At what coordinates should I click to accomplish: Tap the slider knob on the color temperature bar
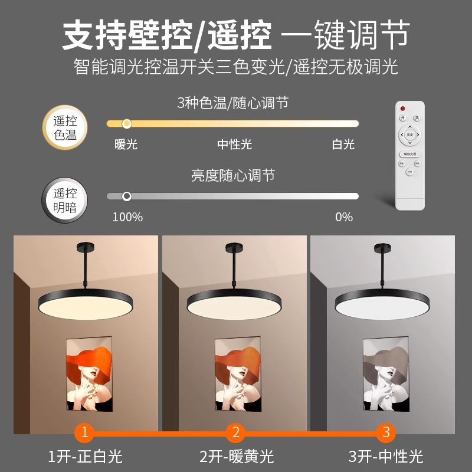[126, 123]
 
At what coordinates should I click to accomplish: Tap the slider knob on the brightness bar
[126, 196]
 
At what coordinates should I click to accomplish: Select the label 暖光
[126, 144]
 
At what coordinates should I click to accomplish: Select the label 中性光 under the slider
[234, 144]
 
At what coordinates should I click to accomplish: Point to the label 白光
[343, 144]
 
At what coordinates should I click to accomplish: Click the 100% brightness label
[127, 217]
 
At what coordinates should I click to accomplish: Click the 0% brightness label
[344, 217]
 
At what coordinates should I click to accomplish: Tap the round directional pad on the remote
[410, 135]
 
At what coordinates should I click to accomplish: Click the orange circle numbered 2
[235, 432]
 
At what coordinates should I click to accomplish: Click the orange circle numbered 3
[386, 432]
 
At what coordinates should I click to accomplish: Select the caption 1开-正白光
[85, 456]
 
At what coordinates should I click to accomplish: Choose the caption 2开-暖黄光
[235, 456]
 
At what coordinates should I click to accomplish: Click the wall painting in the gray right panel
[385, 374]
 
